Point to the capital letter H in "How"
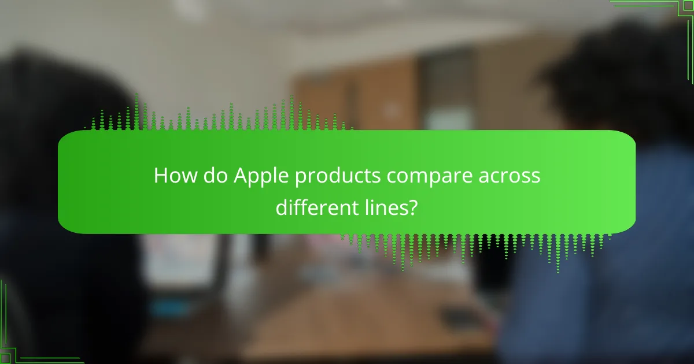point(160,176)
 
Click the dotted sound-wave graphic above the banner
point(220,116)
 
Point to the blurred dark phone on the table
point(457,316)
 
